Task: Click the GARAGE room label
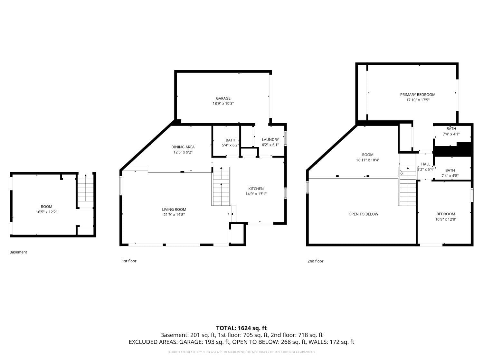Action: [x=223, y=98]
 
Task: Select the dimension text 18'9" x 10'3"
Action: [x=223, y=104]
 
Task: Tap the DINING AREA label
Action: [x=183, y=147]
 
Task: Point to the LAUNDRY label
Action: [x=270, y=140]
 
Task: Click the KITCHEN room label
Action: [x=256, y=189]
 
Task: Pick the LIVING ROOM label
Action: [x=174, y=209]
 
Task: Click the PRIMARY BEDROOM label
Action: [x=418, y=95]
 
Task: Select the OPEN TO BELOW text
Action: [x=363, y=214]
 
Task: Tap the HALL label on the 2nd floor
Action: [x=425, y=164]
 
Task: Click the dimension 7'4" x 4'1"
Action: [x=451, y=134]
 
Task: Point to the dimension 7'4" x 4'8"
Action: [x=450, y=176]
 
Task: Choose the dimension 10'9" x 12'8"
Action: [x=446, y=219]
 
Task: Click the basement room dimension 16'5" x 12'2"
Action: [x=46, y=212]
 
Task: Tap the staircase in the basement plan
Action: [x=85, y=190]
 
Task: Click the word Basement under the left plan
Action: [x=18, y=252]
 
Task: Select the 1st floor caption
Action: [x=129, y=261]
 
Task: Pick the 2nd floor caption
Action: [x=315, y=261]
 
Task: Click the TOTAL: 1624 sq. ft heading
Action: [x=241, y=328]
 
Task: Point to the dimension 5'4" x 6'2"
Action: [x=230, y=145]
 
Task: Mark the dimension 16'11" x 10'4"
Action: [x=367, y=160]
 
